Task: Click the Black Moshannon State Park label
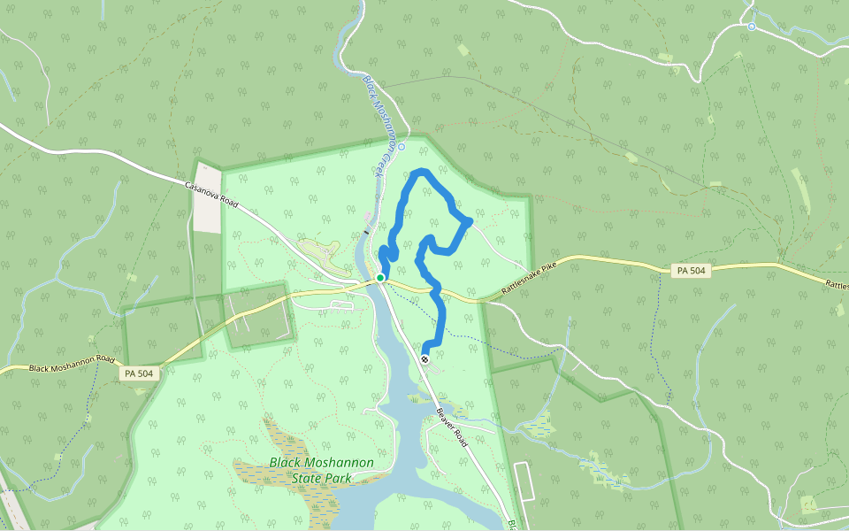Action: (x=321, y=471)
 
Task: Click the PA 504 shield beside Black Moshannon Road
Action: (x=139, y=374)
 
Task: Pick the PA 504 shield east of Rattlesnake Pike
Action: (x=690, y=271)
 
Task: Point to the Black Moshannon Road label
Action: (x=73, y=364)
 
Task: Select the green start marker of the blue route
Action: (x=380, y=278)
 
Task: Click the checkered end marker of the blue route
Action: (x=425, y=358)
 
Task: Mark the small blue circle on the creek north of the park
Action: (x=401, y=146)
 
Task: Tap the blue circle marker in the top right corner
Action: (x=751, y=27)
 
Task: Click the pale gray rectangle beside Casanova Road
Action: (x=209, y=198)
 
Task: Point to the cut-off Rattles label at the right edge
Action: (x=837, y=284)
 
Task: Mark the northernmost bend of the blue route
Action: (x=423, y=172)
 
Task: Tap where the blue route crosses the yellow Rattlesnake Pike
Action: (x=436, y=288)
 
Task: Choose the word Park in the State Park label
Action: (x=337, y=479)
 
